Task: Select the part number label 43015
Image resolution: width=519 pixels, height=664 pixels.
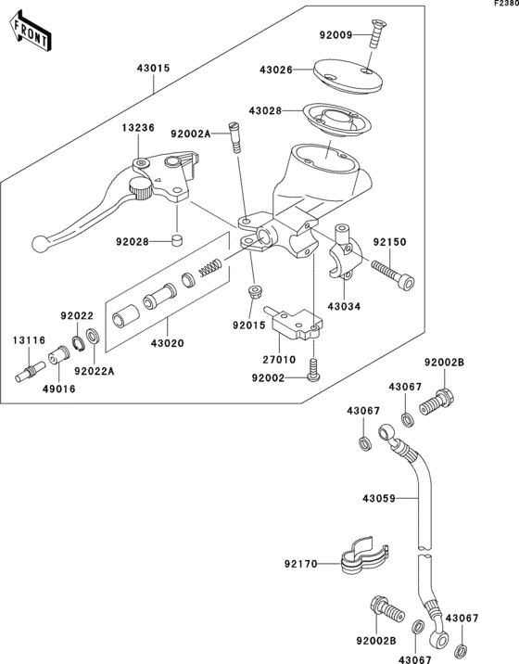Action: (155, 68)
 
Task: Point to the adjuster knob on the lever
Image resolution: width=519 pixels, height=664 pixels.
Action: (141, 190)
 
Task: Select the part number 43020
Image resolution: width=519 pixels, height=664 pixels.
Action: (168, 342)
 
